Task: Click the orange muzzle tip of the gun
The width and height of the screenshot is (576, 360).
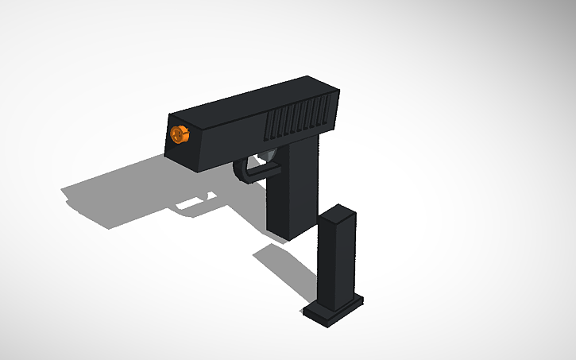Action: [180, 134]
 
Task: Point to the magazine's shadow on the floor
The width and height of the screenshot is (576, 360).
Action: [283, 266]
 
